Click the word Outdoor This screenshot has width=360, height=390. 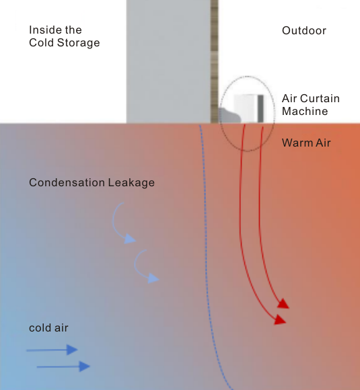coord(304,31)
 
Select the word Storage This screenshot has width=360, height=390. coord(79,43)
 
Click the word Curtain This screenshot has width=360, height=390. coord(320,98)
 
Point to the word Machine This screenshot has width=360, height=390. coord(305,111)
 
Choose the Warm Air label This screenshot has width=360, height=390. coord(306,143)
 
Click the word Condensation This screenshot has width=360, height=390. coord(67,183)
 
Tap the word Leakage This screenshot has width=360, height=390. coord(131,183)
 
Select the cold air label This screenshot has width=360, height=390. coord(48,328)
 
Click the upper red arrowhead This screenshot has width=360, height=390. coord(283,304)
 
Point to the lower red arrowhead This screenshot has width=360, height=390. coord(281,319)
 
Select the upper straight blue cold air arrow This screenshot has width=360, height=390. coord(52,350)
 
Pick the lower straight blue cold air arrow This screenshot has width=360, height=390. coord(63,366)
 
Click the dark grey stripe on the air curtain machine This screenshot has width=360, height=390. coord(260,109)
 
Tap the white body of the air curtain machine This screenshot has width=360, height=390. coord(246,108)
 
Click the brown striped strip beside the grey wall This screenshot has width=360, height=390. coord(215,61)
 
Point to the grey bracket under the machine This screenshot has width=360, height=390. coord(229,116)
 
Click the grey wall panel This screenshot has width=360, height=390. coord(168,61)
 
